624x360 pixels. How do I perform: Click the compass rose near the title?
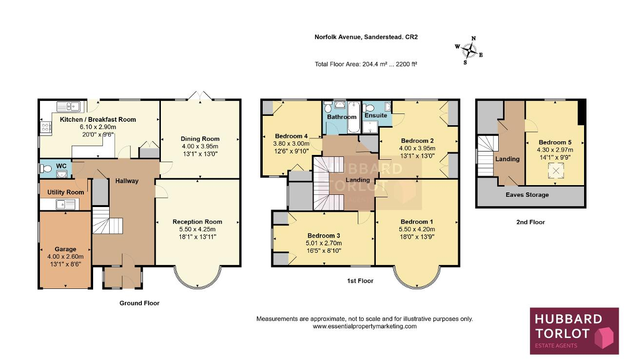469,51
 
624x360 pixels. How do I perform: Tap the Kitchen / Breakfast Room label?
98,119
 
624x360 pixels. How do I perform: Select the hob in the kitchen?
46,127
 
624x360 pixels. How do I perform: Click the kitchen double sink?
68,106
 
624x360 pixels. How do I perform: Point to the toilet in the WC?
45,169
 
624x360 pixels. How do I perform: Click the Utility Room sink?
65,205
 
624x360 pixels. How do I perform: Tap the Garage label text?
65,249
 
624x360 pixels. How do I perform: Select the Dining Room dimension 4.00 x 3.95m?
200,147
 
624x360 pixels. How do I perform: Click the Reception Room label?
197,222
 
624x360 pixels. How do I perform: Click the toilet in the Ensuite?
369,108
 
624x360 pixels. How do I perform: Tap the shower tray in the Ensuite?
370,127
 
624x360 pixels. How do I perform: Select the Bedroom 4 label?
291,136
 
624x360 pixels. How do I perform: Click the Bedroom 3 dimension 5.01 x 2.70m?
324,243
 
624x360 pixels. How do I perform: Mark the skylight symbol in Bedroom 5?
556,171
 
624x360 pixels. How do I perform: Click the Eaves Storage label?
527,195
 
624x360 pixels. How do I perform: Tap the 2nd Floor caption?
530,222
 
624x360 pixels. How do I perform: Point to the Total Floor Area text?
366,64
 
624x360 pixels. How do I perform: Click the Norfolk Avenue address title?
366,37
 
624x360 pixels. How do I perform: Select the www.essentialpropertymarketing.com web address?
365,326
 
